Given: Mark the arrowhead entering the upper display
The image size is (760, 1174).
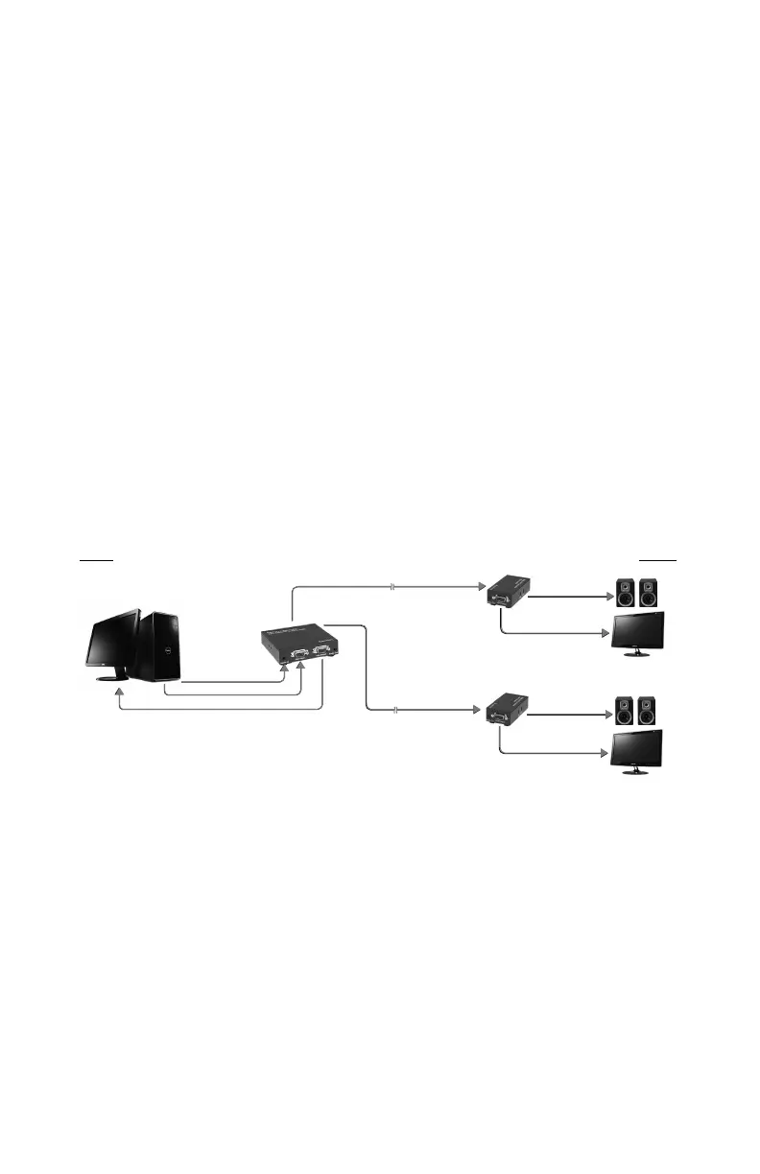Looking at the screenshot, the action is point(608,635).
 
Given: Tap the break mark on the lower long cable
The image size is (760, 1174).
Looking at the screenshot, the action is point(396,710).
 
